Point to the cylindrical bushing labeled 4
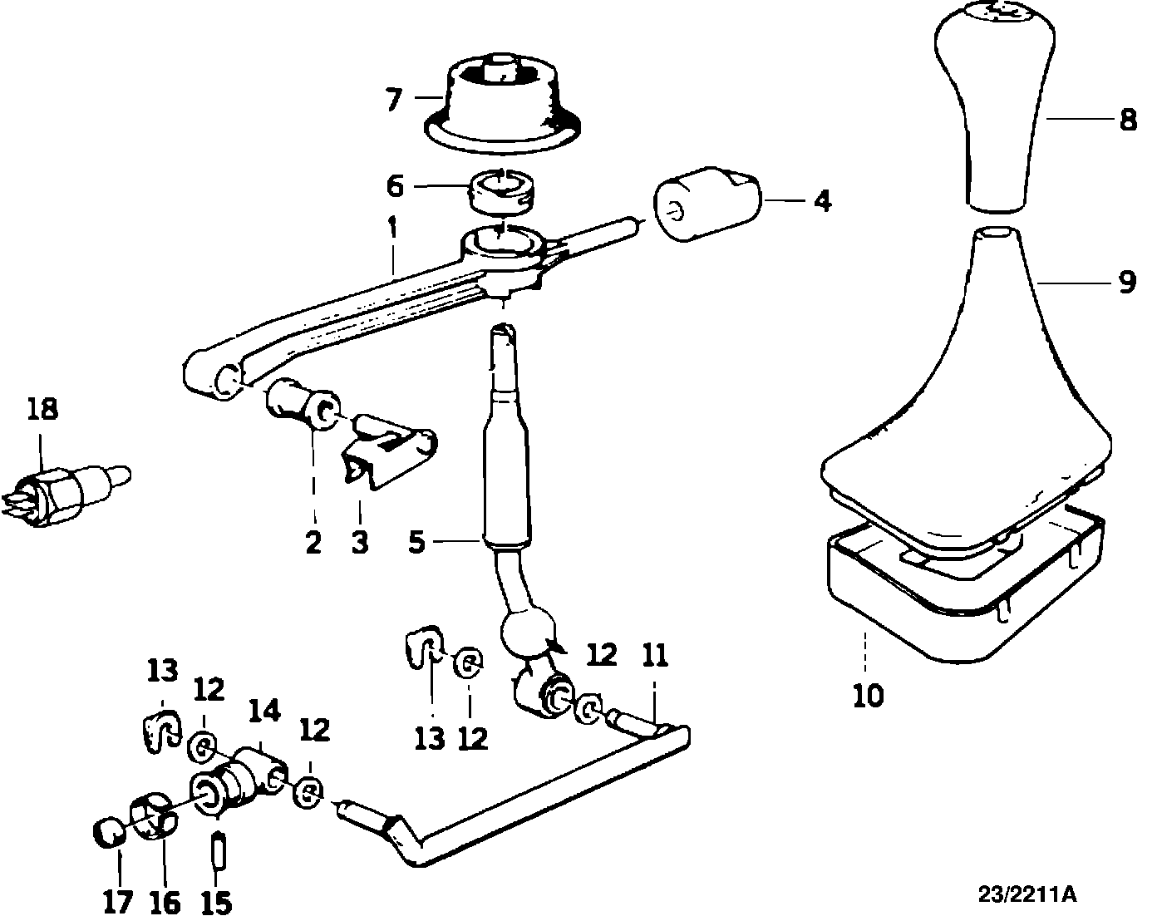coord(708,204)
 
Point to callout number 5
coord(417,543)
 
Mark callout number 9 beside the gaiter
coord(1126,283)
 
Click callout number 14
coord(264,712)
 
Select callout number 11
coord(655,657)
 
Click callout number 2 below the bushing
coord(313,542)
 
